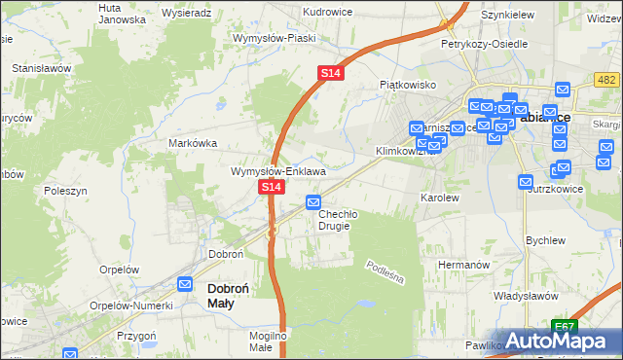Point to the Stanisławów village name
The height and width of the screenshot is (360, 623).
coord(42,69)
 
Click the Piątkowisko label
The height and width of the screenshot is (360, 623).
coord(407,85)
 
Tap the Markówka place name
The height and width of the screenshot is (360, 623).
coord(193,142)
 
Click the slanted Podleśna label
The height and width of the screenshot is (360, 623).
coord(385,272)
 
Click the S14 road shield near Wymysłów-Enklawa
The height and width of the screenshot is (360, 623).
coord(272,186)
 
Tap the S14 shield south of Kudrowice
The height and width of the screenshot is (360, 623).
coord(331,73)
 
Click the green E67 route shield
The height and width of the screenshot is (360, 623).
coord(565,325)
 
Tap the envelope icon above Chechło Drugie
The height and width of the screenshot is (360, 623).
coord(313,202)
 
